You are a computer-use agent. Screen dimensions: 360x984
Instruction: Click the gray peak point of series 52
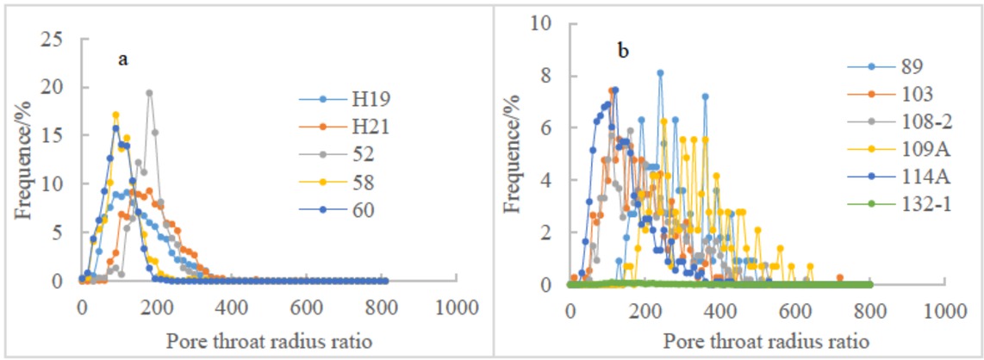[149, 92]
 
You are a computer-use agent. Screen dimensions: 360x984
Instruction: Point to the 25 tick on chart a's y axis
[56, 38]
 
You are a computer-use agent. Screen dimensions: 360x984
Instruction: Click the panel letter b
[622, 51]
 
